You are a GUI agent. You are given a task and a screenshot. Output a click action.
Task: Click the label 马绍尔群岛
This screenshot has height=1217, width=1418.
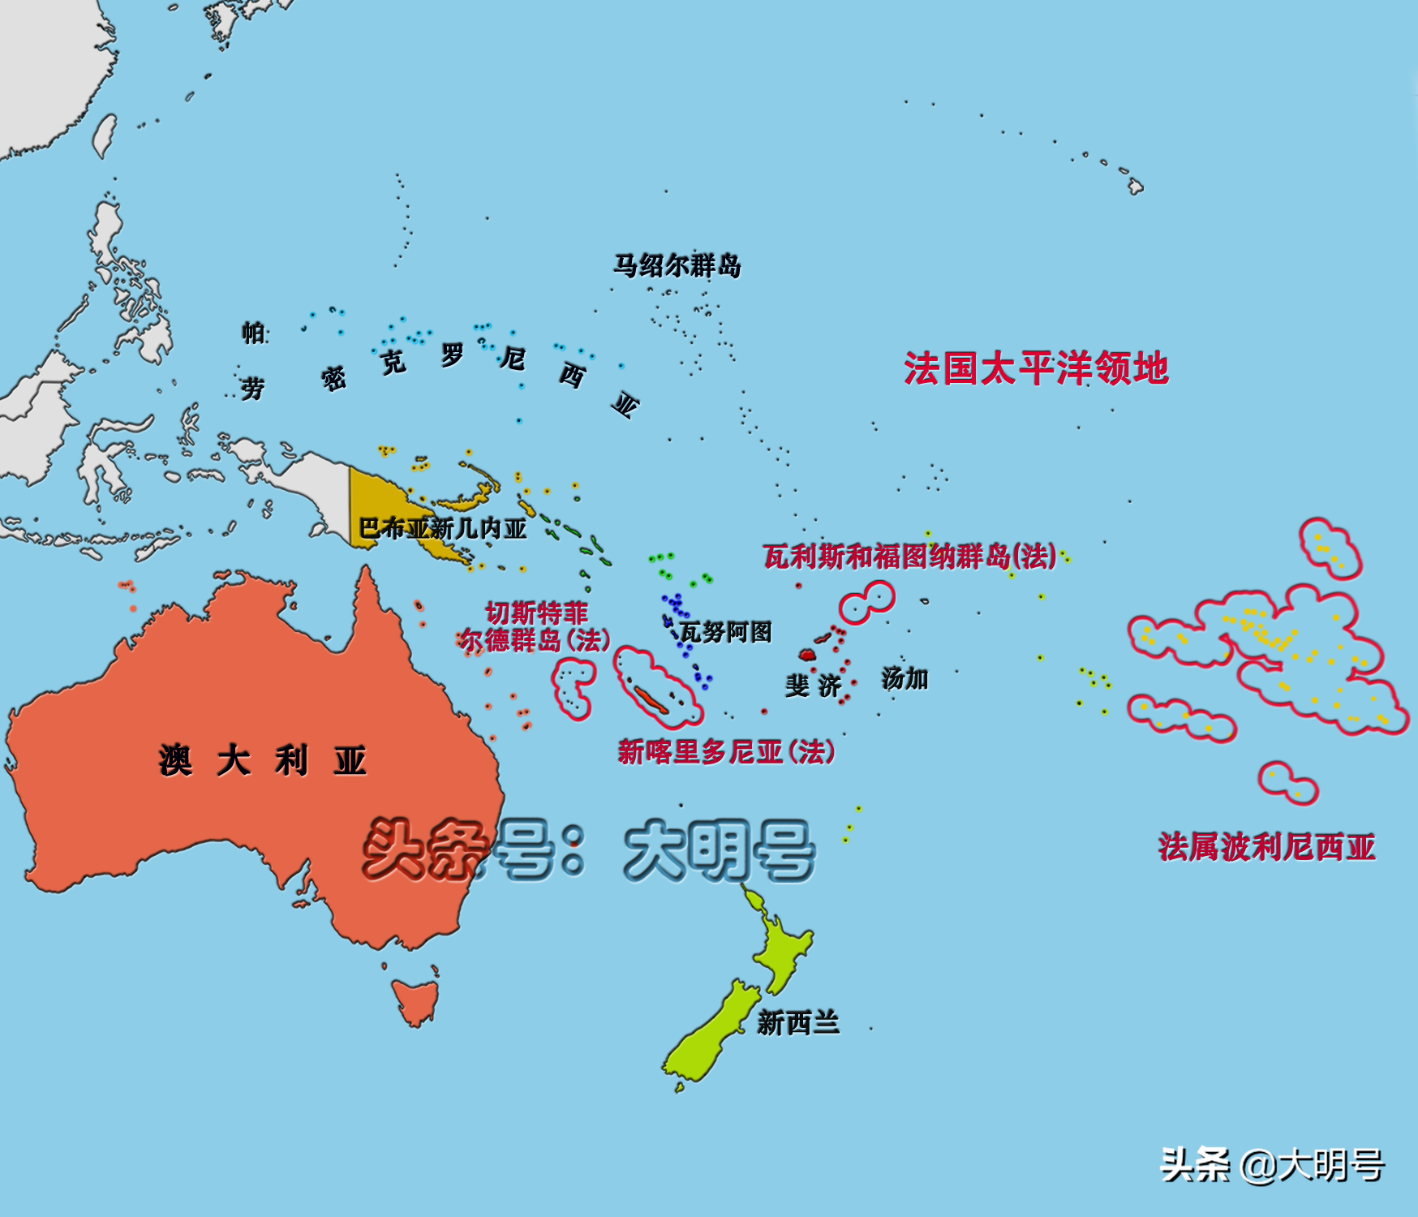tap(677, 265)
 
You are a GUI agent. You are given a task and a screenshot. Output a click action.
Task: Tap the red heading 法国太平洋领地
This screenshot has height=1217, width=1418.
tap(1036, 368)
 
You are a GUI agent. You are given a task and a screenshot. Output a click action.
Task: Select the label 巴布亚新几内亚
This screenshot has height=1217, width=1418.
tap(443, 529)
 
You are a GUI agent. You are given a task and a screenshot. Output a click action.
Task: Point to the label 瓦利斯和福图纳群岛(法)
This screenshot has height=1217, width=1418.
tap(909, 557)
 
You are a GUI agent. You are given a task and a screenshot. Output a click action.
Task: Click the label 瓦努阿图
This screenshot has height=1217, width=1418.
tap(725, 631)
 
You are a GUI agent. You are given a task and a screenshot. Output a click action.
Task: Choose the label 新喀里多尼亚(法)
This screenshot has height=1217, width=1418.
tap(726, 752)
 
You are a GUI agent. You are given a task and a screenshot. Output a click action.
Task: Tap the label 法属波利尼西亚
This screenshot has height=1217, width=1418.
tap(1266, 847)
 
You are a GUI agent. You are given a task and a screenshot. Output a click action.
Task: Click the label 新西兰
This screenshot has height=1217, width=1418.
tap(797, 1023)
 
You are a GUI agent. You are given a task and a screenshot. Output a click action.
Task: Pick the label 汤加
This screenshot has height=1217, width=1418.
tap(905, 678)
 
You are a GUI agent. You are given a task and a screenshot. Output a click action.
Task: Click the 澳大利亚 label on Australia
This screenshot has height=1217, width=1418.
tap(262, 761)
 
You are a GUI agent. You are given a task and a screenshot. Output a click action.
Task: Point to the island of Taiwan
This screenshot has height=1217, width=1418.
tap(105, 135)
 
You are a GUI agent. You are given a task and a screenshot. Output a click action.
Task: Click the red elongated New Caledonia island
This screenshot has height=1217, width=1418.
tap(651, 699)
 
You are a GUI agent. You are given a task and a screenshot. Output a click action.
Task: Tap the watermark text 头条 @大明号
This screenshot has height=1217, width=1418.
tap(1272, 1165)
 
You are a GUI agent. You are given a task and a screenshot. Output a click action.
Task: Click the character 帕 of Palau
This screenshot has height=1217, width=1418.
tap(252, 332)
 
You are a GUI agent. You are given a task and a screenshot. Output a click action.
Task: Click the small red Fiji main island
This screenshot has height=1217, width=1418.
tap(807, 654)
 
